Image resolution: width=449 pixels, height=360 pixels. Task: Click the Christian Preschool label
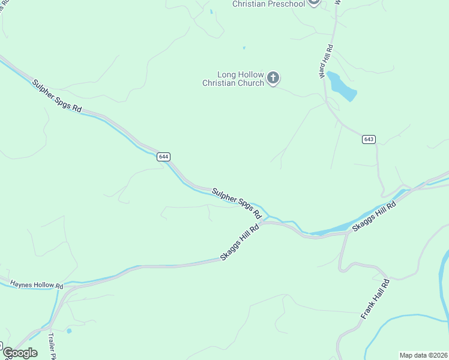[269, 4]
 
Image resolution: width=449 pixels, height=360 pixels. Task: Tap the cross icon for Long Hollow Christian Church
[273, 77]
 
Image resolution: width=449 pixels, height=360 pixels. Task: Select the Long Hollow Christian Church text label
[233, 79]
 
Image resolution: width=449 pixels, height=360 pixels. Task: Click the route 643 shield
[369, 139]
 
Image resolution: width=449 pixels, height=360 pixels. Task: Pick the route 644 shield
[163, 157]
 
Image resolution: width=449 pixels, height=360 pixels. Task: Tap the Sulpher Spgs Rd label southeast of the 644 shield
[237, 203]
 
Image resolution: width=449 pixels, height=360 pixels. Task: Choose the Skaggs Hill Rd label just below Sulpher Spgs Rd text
[240, 242]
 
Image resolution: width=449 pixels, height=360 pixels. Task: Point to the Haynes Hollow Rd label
[36, 283]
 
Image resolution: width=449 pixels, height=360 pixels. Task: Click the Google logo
[20, 353]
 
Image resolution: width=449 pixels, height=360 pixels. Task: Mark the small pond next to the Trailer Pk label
[70, 331]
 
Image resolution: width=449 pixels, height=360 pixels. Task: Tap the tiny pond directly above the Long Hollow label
[244, 48]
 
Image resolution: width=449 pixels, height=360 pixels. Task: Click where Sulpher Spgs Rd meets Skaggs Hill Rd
[266, 221]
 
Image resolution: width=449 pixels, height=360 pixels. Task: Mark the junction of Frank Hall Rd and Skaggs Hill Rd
[347, 233]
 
